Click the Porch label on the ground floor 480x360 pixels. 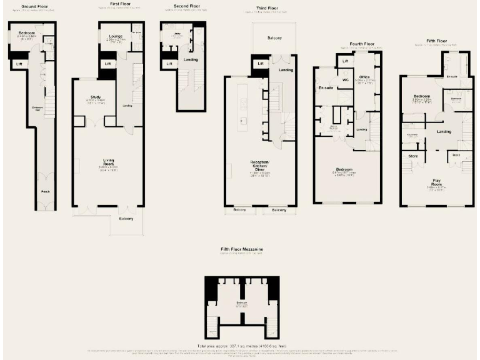pyautogui.click(x=45, y=191)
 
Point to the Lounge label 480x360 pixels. pyautogui.click(x=116, y=36)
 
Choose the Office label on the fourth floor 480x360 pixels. pyautogui.click(x=365, y=77)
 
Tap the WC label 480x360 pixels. pyautogui.click(x=345, y=80)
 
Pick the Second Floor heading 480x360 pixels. pyautogui.click(x=186, y=6)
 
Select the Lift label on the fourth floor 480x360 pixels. pyautogui.click(x=345, y=61)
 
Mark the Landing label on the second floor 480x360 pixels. pyautogui.click(x=191, y=59)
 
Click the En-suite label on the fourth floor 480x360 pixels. pyautogui.click(x=326, y=88)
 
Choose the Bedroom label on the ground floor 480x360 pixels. pyautogui.click(x=26, y=32)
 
